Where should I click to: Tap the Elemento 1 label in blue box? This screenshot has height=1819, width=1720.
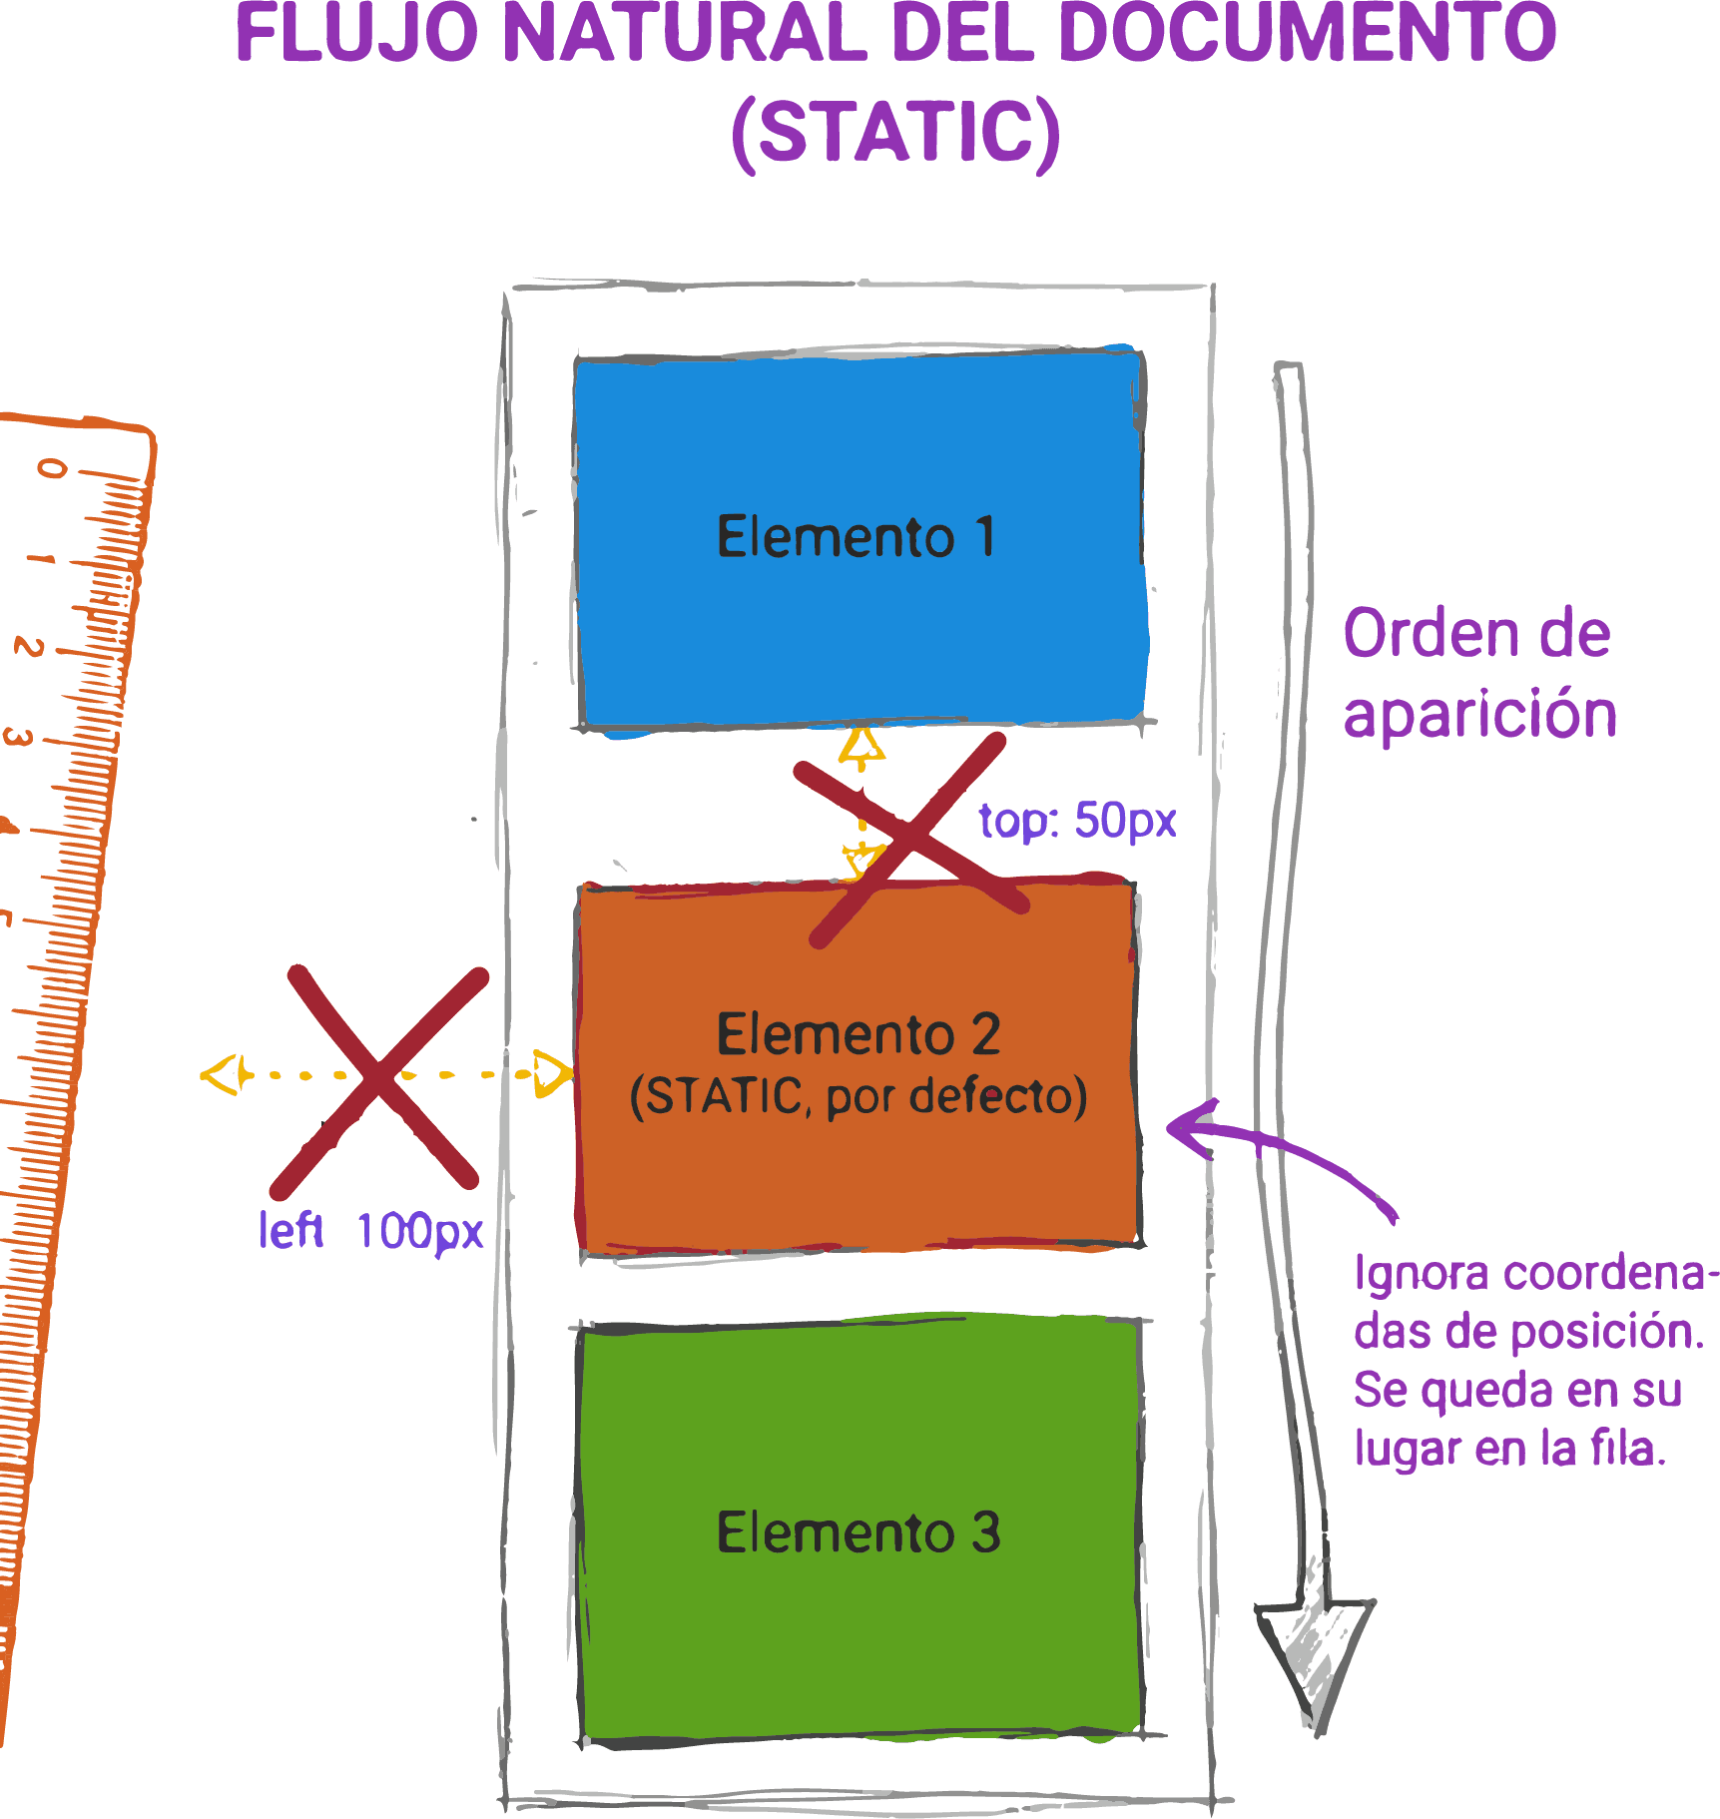[856, 537]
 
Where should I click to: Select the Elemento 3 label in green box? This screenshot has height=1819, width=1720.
[858, 1532]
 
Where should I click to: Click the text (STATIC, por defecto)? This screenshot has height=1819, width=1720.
[858, 1096]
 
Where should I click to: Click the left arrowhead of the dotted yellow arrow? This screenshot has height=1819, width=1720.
[222, 1075]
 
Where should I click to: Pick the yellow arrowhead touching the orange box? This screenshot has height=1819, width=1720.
[552, 1074]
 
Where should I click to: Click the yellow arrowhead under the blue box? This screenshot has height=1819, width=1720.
[861, 748]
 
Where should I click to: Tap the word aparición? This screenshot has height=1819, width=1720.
[1479, 715]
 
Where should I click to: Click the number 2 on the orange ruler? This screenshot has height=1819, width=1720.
[28, 647]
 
